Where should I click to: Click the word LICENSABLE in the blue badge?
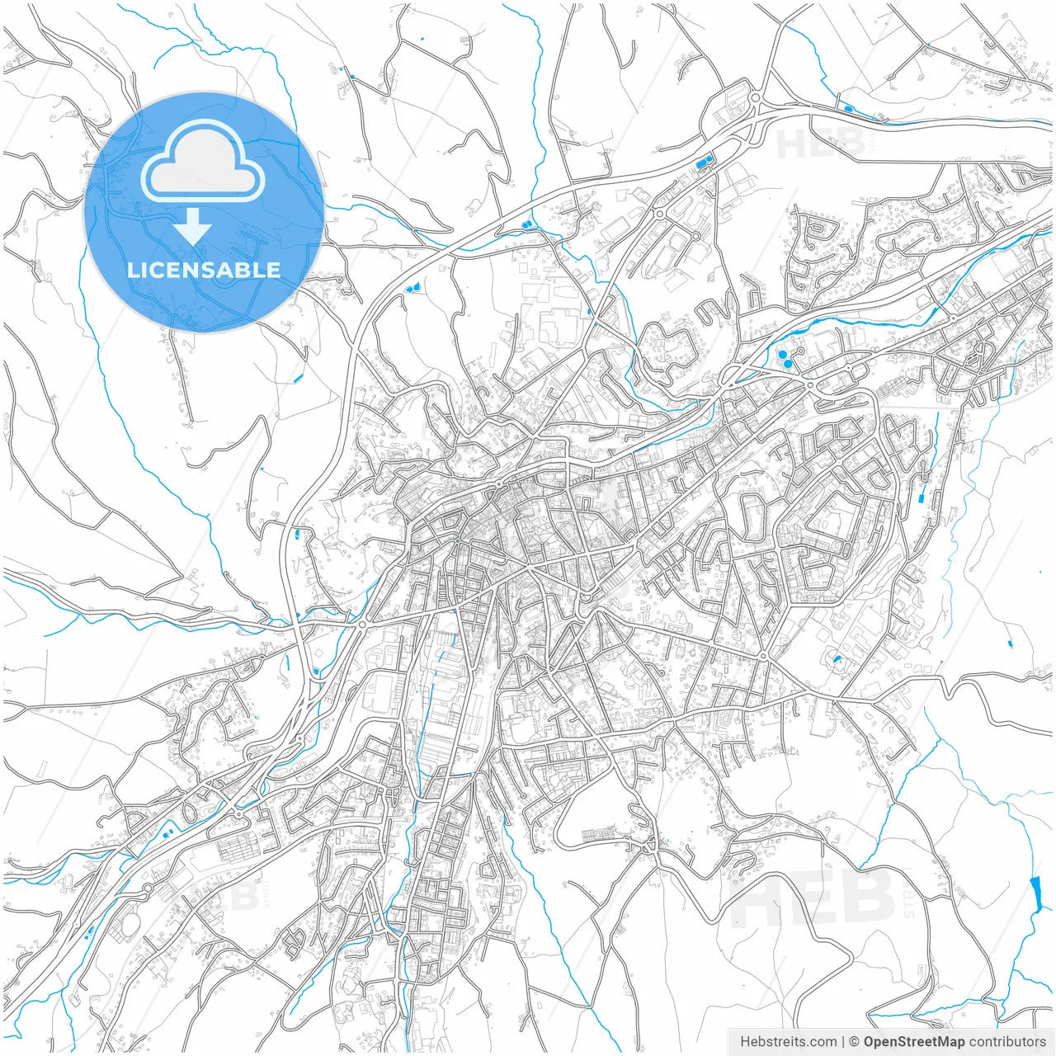click(x=204, y=270)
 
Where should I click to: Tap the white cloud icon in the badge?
click(x=202, y=162)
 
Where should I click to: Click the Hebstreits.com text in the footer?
click(x=788, y=1041)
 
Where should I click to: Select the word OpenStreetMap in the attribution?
click(x=914, y=1041)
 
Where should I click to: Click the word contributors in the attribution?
click(x=1007, y=1041)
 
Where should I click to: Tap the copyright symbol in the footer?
click(x=855, y=1041)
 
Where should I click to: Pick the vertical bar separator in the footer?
click(x=844, y=1041)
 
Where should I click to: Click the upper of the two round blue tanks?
click(x=782, y=354)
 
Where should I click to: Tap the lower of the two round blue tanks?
click(x=789, y=363)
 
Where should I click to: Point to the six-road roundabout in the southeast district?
click(x=764, y=656)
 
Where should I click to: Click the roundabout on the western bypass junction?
click(x=361, y=625)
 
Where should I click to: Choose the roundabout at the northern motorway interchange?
click(x=754, y=98)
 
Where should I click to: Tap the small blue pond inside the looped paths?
click(x=837, y=658)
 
